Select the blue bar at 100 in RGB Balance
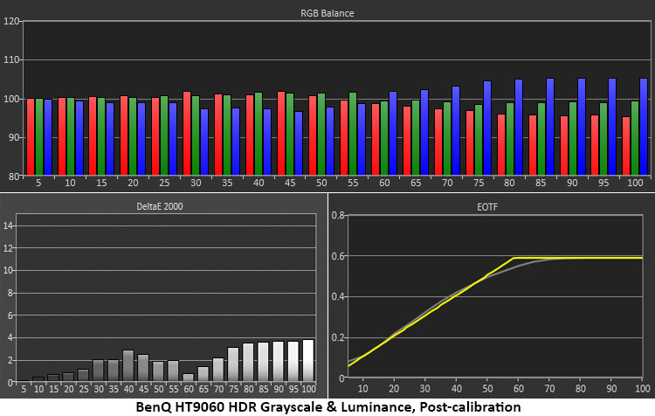point(644,127)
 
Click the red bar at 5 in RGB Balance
point(30,137)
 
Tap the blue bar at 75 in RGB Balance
point(486,128)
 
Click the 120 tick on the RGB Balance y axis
point(11,21)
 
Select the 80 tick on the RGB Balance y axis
point(11,176)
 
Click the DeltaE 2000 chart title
point(162,206)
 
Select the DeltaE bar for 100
point(308,360)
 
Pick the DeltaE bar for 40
point(128,365)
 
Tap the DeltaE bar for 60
point(189,378)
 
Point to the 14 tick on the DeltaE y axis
point(9,225)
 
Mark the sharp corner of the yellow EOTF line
point(514,257)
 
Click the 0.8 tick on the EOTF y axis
point(340,215)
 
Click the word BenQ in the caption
point(158,406)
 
